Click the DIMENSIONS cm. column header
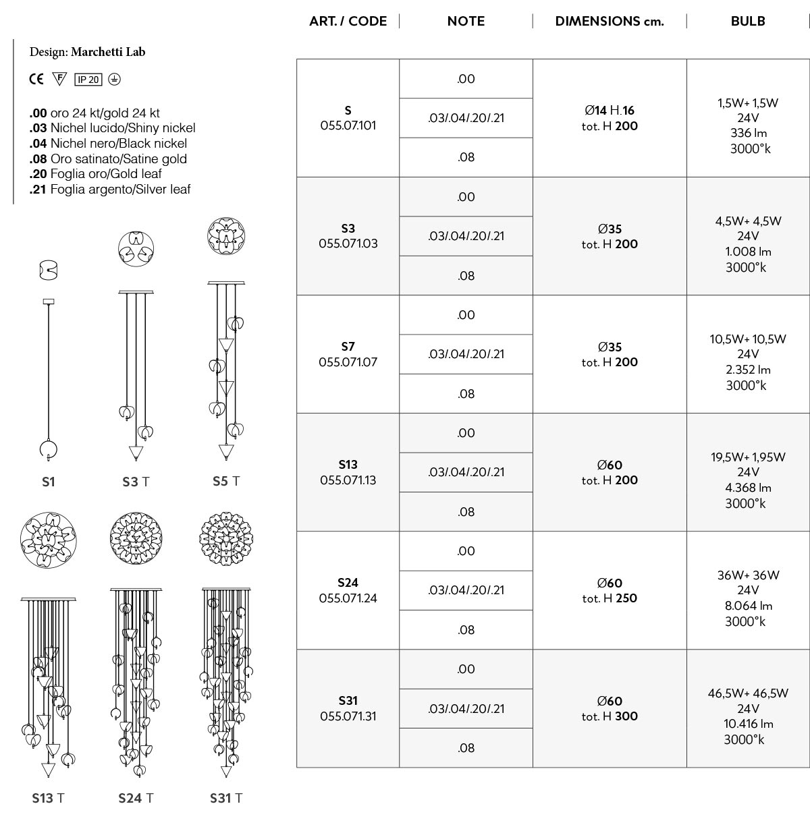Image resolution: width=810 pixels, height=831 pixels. click(609, 21)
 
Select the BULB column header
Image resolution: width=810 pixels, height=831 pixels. click(747, 21)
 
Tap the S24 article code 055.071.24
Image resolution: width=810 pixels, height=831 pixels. click(348, 598)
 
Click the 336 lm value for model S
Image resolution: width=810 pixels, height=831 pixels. click(748, 133)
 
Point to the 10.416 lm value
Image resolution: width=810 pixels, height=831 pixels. click(748, 724)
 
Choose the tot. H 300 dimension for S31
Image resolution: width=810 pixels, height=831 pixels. click(609, 716)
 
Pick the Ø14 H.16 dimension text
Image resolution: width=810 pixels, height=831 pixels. click(609, 110)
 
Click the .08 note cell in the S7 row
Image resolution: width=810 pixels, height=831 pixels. click(466, 394)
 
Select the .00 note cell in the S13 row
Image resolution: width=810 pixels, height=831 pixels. click(466, 433)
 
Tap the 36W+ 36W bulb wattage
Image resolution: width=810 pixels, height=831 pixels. click(748, 575)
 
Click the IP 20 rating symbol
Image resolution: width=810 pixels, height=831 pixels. click(88, 80)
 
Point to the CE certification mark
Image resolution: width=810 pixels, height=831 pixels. click(36, 79)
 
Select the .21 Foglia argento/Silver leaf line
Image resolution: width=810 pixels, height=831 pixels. click(110, 190)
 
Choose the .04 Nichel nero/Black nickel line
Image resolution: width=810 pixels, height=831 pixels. click(108, 143)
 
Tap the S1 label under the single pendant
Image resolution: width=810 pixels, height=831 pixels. click(49, 482)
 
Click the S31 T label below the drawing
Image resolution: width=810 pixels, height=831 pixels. click(226, 798)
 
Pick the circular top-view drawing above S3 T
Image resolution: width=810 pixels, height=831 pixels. click(136, 248)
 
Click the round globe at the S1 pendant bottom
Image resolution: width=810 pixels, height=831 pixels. click(49, 449)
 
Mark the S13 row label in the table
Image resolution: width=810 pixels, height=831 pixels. click(348, 464)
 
